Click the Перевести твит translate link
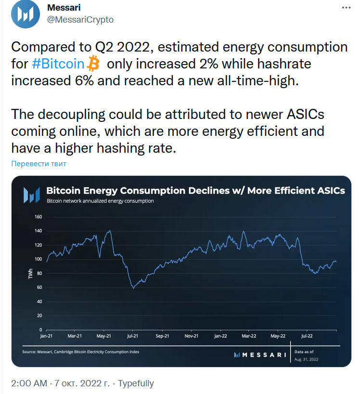pyautogui.click(x=39, y=164)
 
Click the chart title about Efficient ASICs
pyautogui.click(x=195, y=191)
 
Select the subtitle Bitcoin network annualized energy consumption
pyautogui.click(x=100, y=201)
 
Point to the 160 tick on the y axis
pyautogui.click(x=39, y=217)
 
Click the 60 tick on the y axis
pyautogui.click(x=39, y=288)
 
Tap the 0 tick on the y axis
pyautogui.click(x=41, y=330)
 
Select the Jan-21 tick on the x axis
pyautogui.click(x=47, y=336)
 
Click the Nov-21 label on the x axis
pyautogui.click(x=192, y=336)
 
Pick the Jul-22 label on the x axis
pyautogui.click(x=306, y=336)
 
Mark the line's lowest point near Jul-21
pyautogui.click(x=133, y=288)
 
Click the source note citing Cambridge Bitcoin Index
pyautogui.click(x=81, y=352)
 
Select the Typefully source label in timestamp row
pyautogui.click(x=136, y=383)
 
